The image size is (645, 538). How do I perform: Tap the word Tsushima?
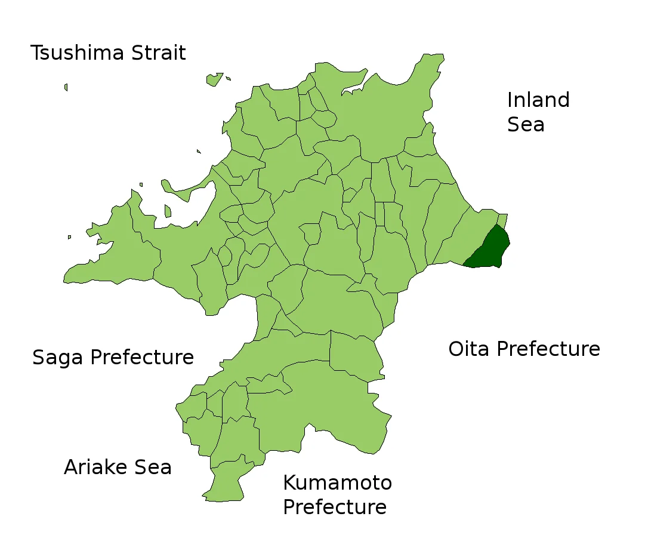click(76, 53)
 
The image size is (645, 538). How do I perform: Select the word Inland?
click(538, 100)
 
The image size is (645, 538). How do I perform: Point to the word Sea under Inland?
click(526, 125)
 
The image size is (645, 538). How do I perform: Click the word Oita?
click(468, 349)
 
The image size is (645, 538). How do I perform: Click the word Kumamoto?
click(337, 482)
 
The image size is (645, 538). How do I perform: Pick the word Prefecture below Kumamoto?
click(334, 508)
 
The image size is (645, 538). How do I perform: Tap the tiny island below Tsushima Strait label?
click(66, 87)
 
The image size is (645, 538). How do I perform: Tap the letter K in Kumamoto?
click(289, 482)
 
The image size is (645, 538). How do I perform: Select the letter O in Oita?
click(456, 349)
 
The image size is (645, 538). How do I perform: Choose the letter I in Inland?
click(510, 100)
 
